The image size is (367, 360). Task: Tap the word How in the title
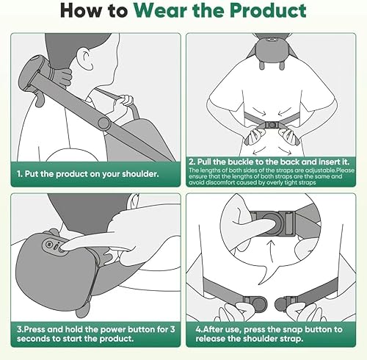pyautogui.click(x=81, y=11)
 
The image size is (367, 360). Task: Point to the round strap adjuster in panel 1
pyautogui.click(x=103, y=118)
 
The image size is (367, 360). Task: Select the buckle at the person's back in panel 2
pyautogui.click(x=272, y=126)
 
